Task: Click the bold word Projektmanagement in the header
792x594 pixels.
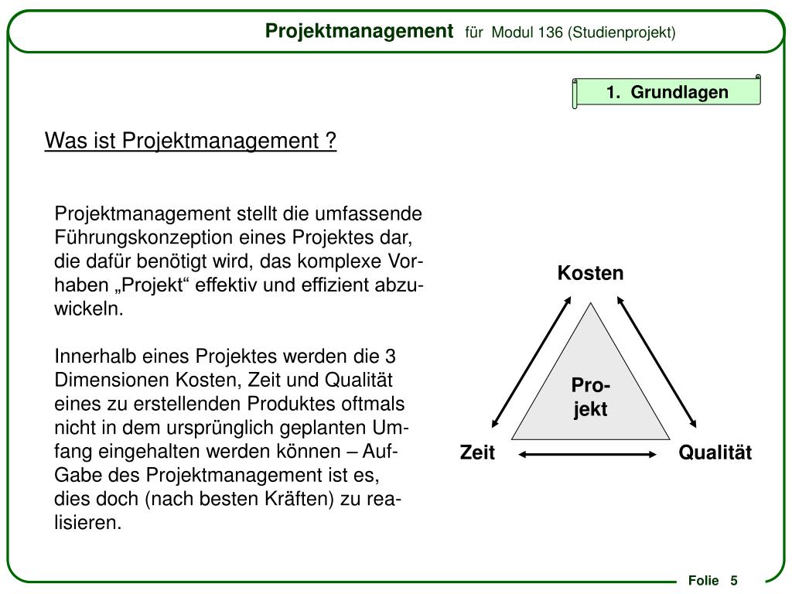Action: (x=359, y=31)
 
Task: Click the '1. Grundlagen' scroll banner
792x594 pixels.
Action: (x=667, y=93)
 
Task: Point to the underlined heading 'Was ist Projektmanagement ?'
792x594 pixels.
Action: (x=191, y=142)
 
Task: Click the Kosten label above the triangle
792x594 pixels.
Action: (x=591, y=274)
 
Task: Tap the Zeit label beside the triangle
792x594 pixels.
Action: (x=477, y=453)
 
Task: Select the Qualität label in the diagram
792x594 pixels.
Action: (x=715, y=453)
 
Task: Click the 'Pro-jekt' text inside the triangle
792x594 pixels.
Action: (x=590, y=397)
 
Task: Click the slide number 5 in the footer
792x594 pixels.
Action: (x=733, y=581)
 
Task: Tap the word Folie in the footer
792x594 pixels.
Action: (x=703, y=581)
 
